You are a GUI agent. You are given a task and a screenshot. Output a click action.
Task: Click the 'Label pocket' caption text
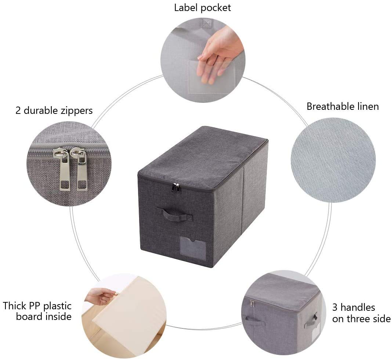[203, 8]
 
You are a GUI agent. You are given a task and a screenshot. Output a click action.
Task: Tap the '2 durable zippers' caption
[54, 111]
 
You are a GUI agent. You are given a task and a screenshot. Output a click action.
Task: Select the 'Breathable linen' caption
[342, 107]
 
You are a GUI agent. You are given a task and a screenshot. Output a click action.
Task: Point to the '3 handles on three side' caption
[361, 313]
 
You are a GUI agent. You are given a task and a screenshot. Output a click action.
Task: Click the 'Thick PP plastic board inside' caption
[37, 311]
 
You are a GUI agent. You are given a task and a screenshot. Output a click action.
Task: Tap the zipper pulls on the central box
[176, 188]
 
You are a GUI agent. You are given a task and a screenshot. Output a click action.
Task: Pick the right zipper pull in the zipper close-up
[80, 169]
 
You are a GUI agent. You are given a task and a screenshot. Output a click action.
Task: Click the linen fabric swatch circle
[333, 160]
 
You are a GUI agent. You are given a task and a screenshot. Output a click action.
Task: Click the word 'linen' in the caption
[367, 107]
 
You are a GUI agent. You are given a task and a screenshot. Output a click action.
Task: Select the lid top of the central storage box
[203, 158]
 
